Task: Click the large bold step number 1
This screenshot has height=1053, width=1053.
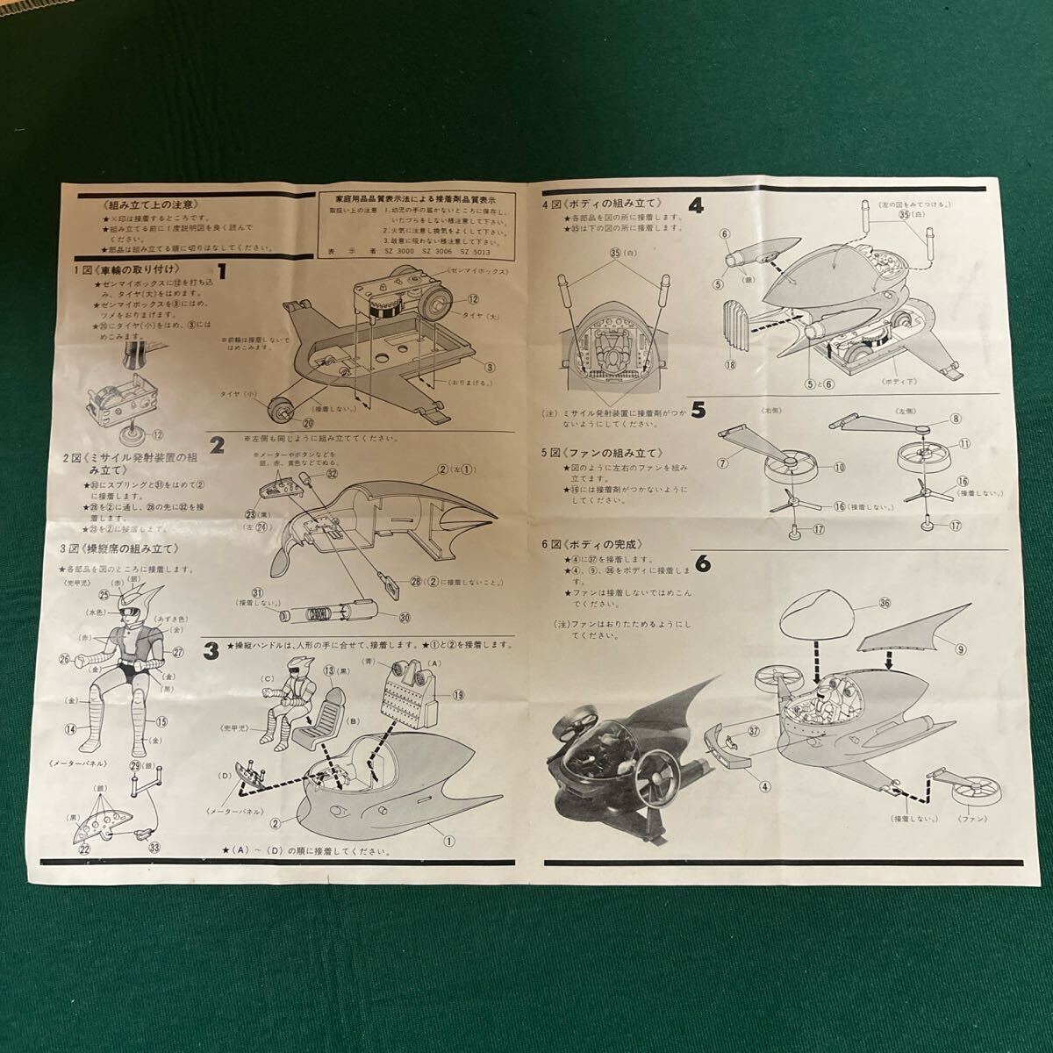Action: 223,273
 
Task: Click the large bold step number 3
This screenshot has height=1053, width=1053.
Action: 211,650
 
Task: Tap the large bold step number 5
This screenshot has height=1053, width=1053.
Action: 698,409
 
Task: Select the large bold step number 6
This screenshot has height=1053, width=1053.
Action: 702,560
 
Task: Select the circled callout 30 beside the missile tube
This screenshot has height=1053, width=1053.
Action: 405,617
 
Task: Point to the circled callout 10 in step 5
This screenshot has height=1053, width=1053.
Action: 839,468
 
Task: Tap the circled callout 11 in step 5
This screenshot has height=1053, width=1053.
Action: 964,444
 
